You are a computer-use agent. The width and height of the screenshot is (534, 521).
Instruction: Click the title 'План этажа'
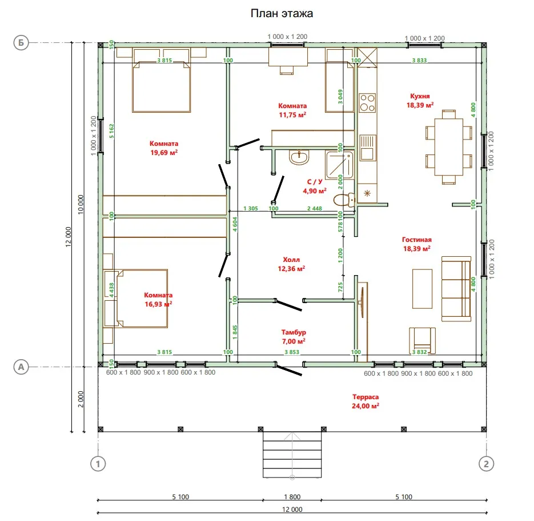(282, 13)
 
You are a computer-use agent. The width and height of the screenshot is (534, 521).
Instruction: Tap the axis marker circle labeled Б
(21, 43)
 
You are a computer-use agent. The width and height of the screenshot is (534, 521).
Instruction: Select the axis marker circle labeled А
(21, 367)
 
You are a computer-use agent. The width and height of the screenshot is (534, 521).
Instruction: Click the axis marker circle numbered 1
(98, 464)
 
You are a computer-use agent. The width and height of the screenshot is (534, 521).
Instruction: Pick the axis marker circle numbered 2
(486, 464)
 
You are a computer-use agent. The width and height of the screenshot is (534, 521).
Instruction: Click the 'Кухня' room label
(420, 96)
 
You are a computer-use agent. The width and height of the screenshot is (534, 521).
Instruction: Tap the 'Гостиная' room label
(416, 240)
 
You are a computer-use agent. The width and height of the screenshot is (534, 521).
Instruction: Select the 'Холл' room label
(291, 260)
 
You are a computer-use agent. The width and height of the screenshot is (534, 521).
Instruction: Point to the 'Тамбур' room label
(294, 332)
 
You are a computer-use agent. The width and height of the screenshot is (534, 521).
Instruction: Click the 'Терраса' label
(366, 397)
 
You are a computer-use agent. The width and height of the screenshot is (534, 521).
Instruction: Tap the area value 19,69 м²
(164, 153)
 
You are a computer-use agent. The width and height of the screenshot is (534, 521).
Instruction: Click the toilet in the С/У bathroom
(344, 200)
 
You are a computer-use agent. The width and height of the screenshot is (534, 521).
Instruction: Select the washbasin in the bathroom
(299, 157)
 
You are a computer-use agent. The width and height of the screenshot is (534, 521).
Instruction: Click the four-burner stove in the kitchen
(367, 103)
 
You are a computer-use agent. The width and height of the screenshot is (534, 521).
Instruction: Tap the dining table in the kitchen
(448, 147)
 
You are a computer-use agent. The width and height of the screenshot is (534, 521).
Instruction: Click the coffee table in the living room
(422, 289)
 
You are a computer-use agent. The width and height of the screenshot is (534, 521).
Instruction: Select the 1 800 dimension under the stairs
(292, 497)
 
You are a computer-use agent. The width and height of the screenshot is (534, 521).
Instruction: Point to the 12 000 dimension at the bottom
(292, 510)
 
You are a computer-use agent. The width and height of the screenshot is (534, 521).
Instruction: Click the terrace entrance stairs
(292, 455)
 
